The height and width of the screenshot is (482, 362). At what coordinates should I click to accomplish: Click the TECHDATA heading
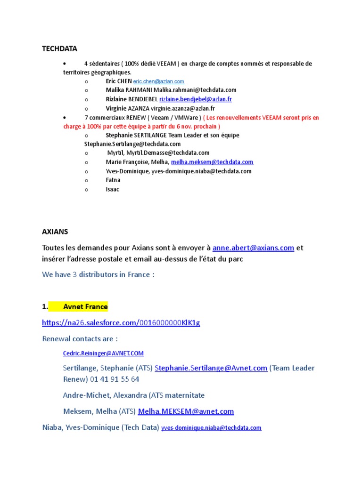coord(59,48)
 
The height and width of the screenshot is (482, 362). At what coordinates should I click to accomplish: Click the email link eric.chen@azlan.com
coord(158,81)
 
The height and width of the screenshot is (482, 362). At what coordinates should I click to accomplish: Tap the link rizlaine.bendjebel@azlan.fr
coord(195,99)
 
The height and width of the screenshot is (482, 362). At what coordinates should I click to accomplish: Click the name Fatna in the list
coord(113,180)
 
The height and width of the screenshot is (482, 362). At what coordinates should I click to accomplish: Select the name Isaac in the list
coord(113,189)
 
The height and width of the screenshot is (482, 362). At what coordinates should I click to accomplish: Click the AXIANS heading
coord(55,232)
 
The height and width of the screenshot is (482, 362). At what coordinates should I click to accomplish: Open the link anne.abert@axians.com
coord(253,248)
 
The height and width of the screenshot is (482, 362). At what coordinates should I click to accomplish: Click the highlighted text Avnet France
coord(85,307)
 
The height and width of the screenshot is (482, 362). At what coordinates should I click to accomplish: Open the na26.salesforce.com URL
coord(121,322)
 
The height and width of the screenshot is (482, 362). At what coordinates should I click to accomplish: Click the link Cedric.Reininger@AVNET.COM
coord(103,353)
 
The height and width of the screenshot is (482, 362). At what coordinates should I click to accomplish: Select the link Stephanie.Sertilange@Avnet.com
coord(211,368)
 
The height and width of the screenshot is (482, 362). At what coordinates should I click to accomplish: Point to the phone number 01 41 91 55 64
coord(115,379)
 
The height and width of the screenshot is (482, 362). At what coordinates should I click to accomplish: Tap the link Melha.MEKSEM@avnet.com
coord(186,411)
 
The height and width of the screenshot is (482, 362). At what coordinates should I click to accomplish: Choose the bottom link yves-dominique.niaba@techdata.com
coord(211,428)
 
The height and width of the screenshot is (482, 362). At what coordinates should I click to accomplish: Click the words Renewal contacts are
coord(80,338)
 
